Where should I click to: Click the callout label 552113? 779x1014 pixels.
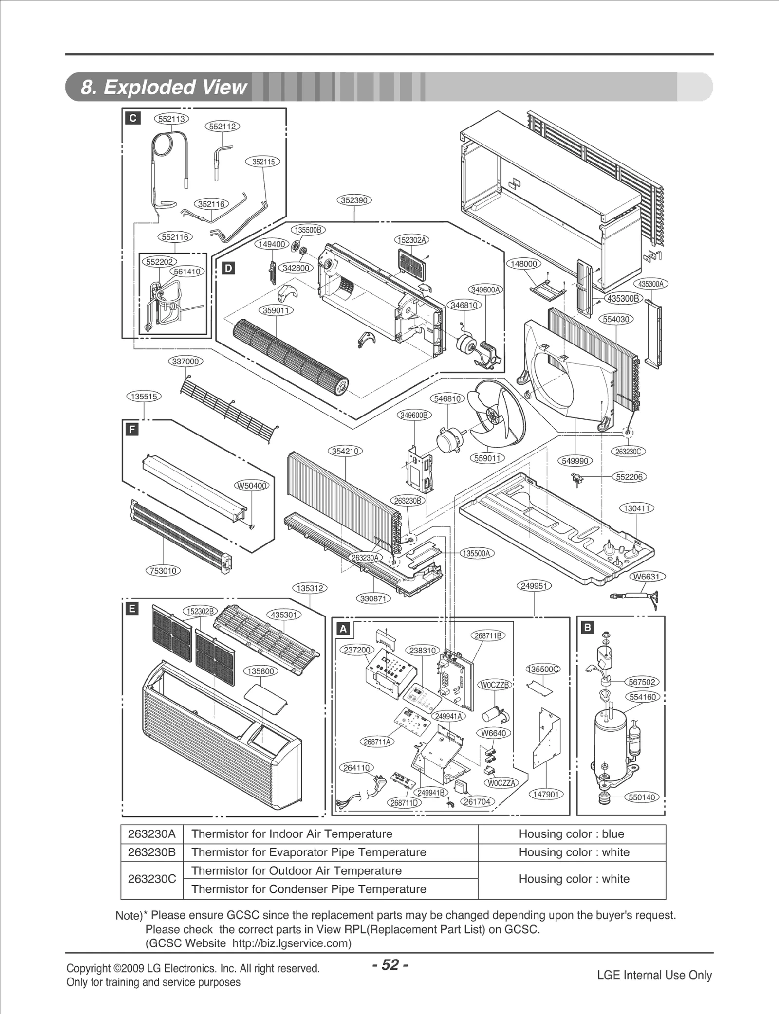click(x=171, y=118)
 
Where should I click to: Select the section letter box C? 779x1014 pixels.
click(x=132, y=118)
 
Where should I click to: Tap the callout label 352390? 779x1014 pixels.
click(x=354, y=200)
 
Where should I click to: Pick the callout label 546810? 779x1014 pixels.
click(x=447, y=398)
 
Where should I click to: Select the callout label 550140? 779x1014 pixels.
click(x=642, y=797)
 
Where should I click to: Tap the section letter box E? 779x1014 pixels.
click(x=132, y=609)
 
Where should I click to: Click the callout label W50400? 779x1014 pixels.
click(x=251, y=486)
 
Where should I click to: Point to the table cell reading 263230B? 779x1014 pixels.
click(x=151, y=852)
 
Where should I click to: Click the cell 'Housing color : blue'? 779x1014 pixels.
click(x=571, y=833)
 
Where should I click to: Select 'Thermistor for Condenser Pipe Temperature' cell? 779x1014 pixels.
click(x=309, y=889)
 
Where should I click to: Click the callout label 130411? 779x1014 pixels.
click(x=636, y=508)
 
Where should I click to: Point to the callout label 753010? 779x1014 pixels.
click(x=163, y=570)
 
